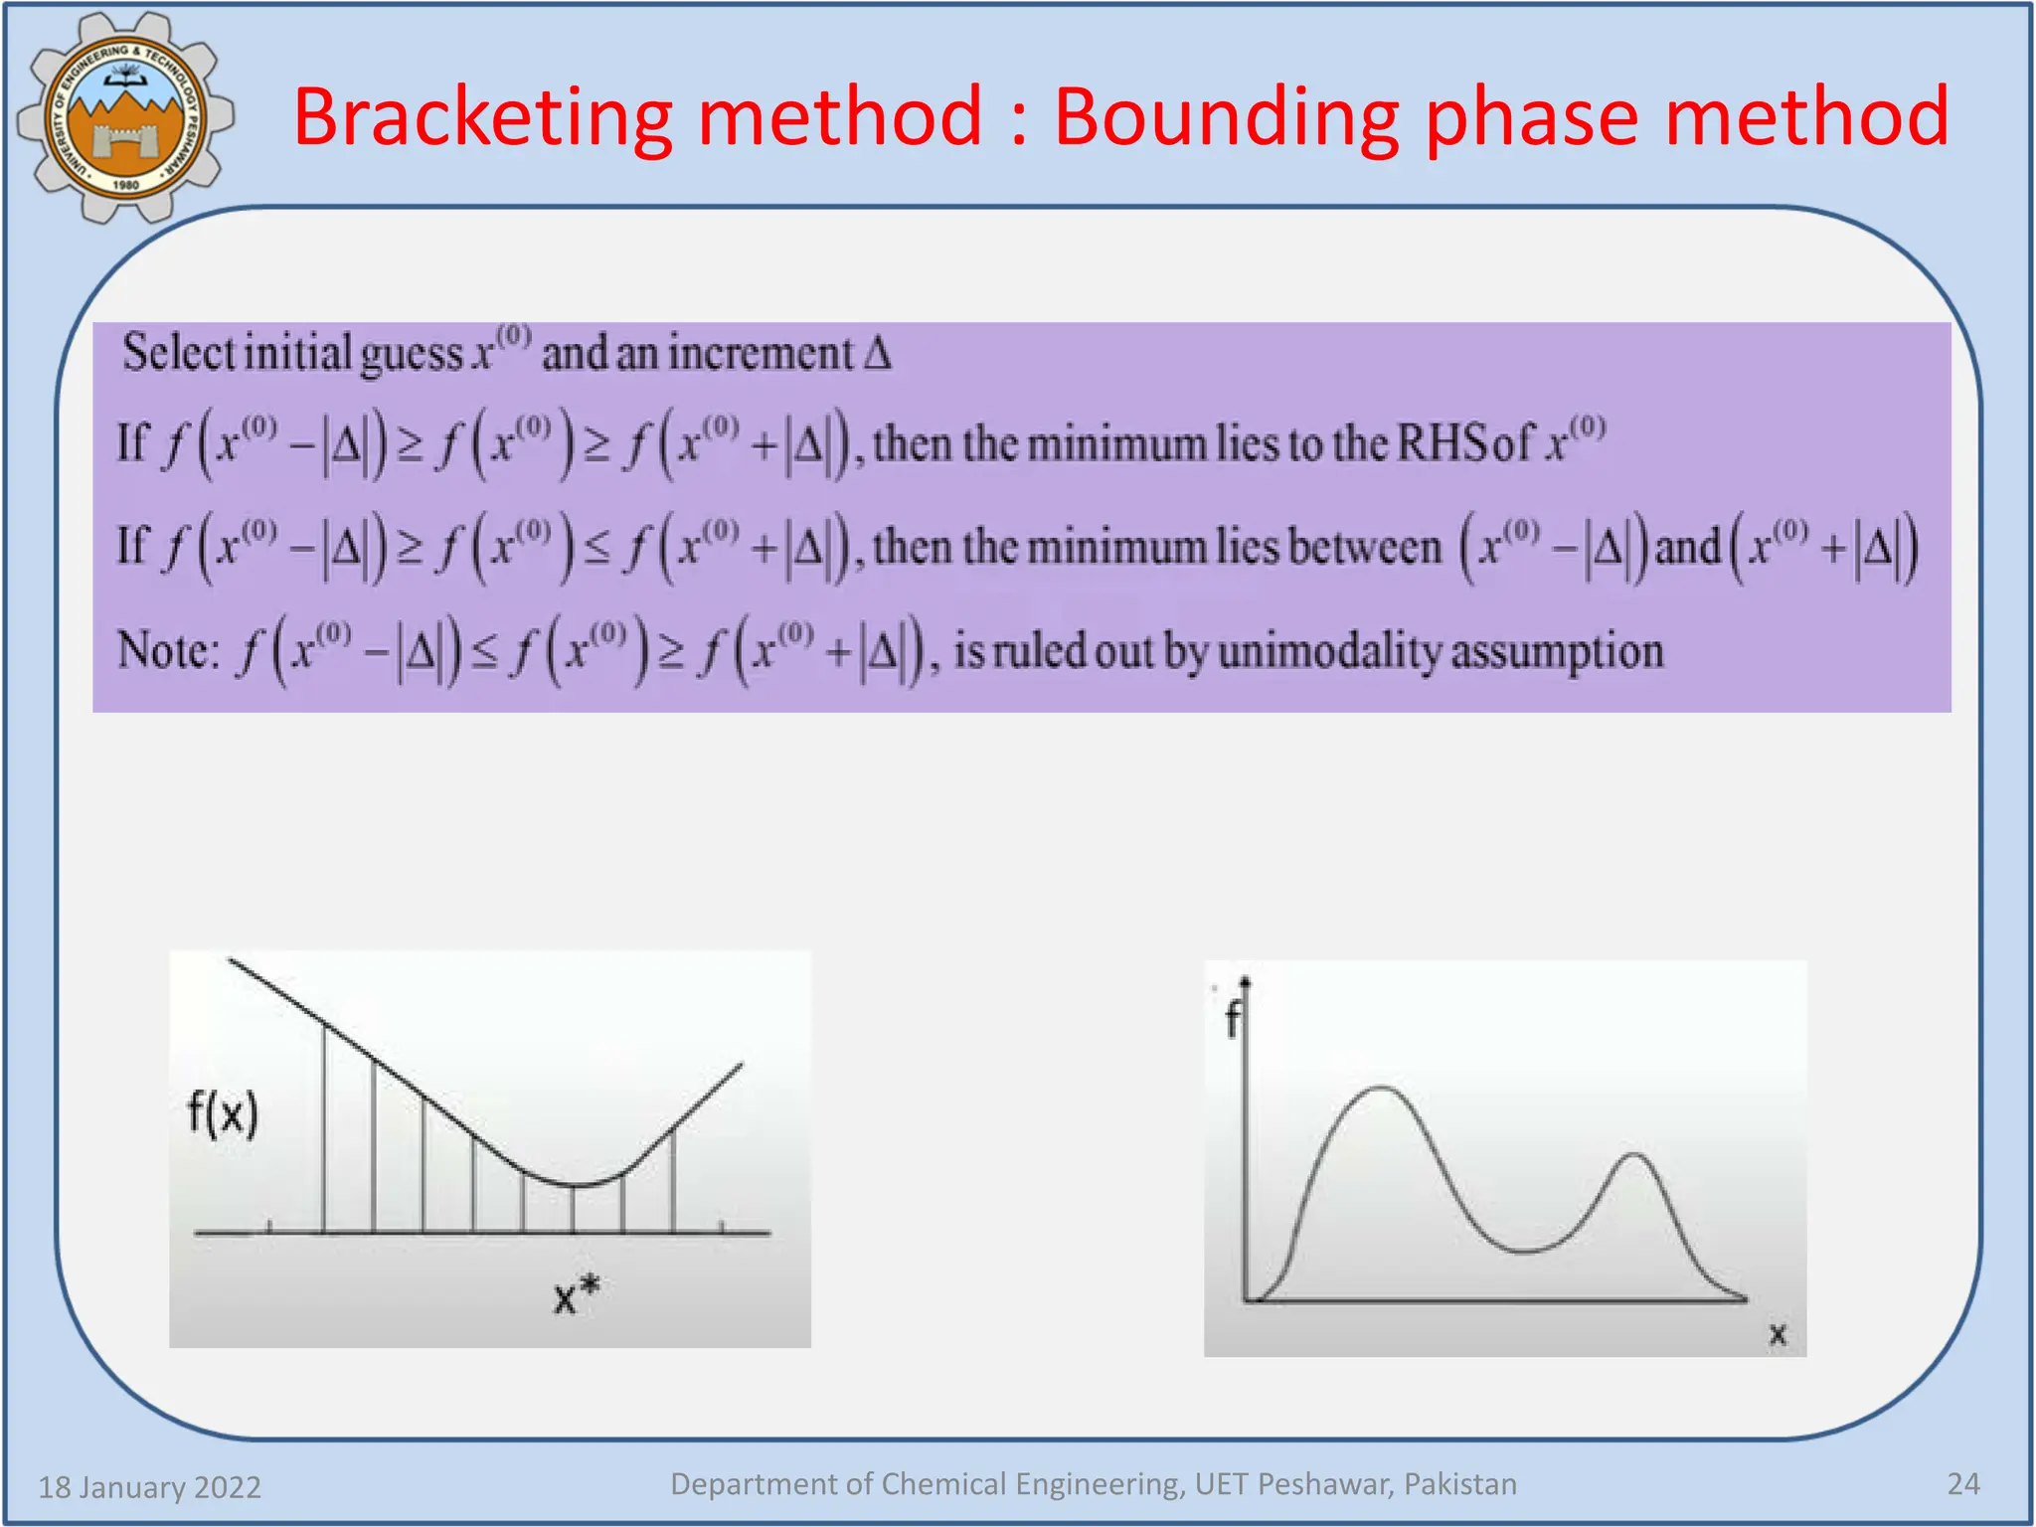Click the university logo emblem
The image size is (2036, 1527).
(x=125, y=117)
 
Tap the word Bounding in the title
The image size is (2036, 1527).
(x=1225, y=117)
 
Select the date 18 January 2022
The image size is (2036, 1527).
(x=149, y=1486)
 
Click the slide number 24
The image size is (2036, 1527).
(x=1962, y=1483)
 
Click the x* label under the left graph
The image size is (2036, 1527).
(x=576, y=1295)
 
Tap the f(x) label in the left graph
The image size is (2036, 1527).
(x=223, y=1112)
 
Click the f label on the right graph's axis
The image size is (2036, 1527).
(x=1232, y=1020)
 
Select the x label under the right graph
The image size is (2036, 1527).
(x=1778, y=1333)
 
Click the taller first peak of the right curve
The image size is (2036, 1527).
(x=1382, y=1088)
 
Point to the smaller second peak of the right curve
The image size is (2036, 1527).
(x=1633, y=1155)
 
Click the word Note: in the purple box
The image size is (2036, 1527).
(x=167, y=650)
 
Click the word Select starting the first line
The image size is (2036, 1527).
(x=179, y=352)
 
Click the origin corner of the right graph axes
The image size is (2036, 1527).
(x=1245, y=1299)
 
